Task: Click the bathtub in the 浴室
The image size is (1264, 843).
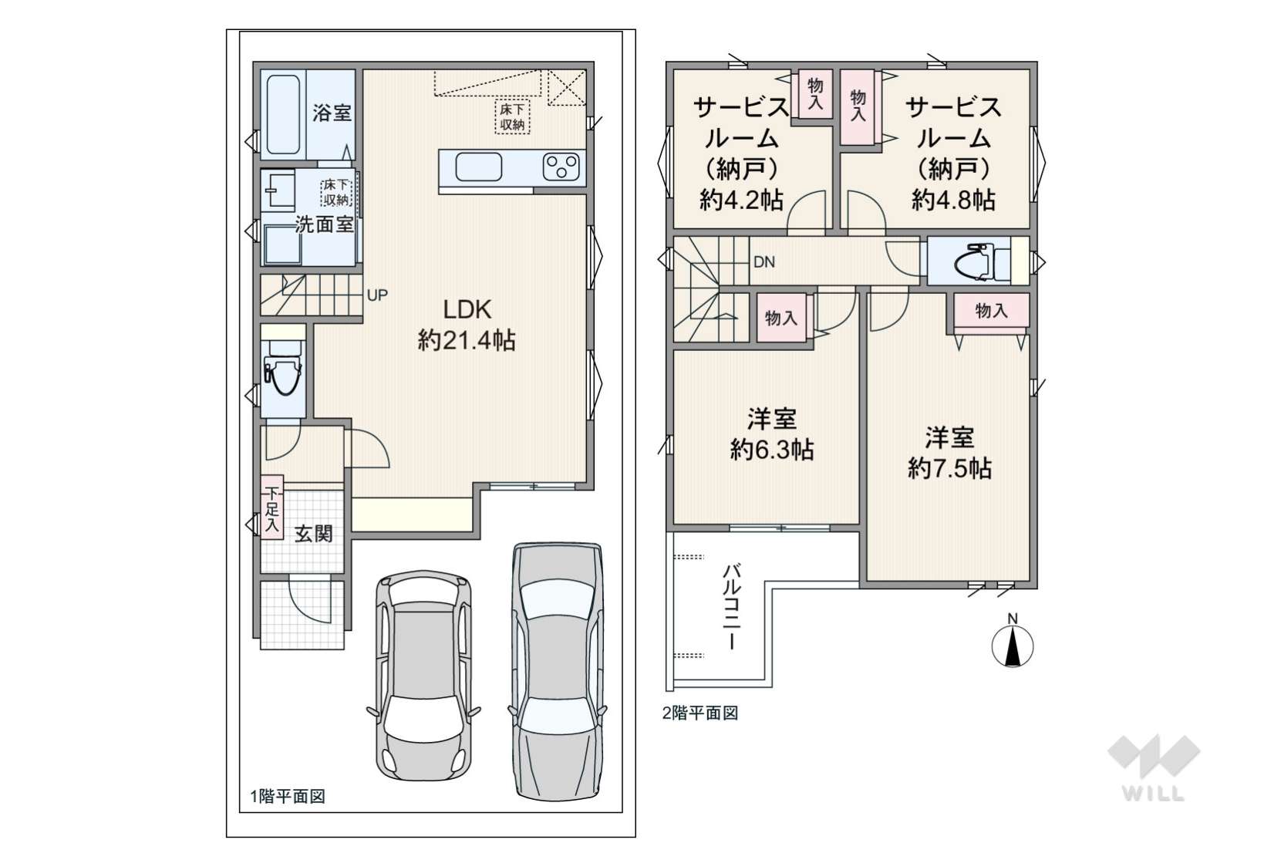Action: tap(283, 115)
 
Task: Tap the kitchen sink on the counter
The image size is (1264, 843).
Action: tap(478, 167)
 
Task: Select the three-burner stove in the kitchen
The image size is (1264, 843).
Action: tap(561, 167)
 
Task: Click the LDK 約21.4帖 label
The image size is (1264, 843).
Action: tap(467, 325)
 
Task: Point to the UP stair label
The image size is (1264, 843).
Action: tap(378, 295)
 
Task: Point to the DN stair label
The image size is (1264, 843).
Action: tap(764, 261)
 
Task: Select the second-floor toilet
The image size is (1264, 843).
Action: tap(981, 261)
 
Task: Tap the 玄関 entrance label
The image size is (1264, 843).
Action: tap(314, 533)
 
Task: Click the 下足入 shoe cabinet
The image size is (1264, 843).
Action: tap(272, 507)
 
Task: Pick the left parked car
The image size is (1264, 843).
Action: tap(424, 676)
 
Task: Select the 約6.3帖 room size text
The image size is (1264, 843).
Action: tap(772, 450)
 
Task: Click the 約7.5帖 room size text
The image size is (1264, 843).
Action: tap(949, 468)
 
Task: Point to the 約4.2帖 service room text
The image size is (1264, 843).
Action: tap(741, 200)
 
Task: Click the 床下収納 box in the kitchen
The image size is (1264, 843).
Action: tap(512, 116)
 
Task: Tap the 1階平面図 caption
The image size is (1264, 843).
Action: tap(288, 796)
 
